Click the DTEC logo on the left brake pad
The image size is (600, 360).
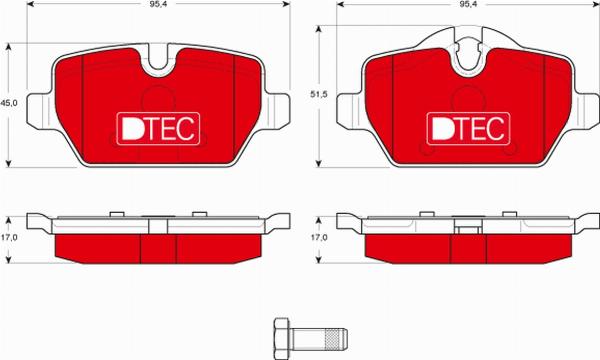pyautogui.click(x=158, y=126)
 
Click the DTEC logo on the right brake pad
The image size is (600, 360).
pyautogui.click(x=468, y=126)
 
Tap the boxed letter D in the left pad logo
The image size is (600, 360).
pyautogui.click(x=130, y=126)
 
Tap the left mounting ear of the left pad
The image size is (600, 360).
pyautogui.click(x=38, y=103)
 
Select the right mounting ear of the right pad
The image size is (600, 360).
pyautogui.click(x=586, y=103)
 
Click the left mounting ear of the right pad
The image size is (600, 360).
pyautogui.click(x=348, y=103)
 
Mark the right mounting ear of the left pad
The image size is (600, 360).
pyautogui.click(x=276, y=103)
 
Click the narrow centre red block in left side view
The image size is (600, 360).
pyautogui.click(x=157, y=247)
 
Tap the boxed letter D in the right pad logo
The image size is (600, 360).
pyautogui.click(x=441, y=126)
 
